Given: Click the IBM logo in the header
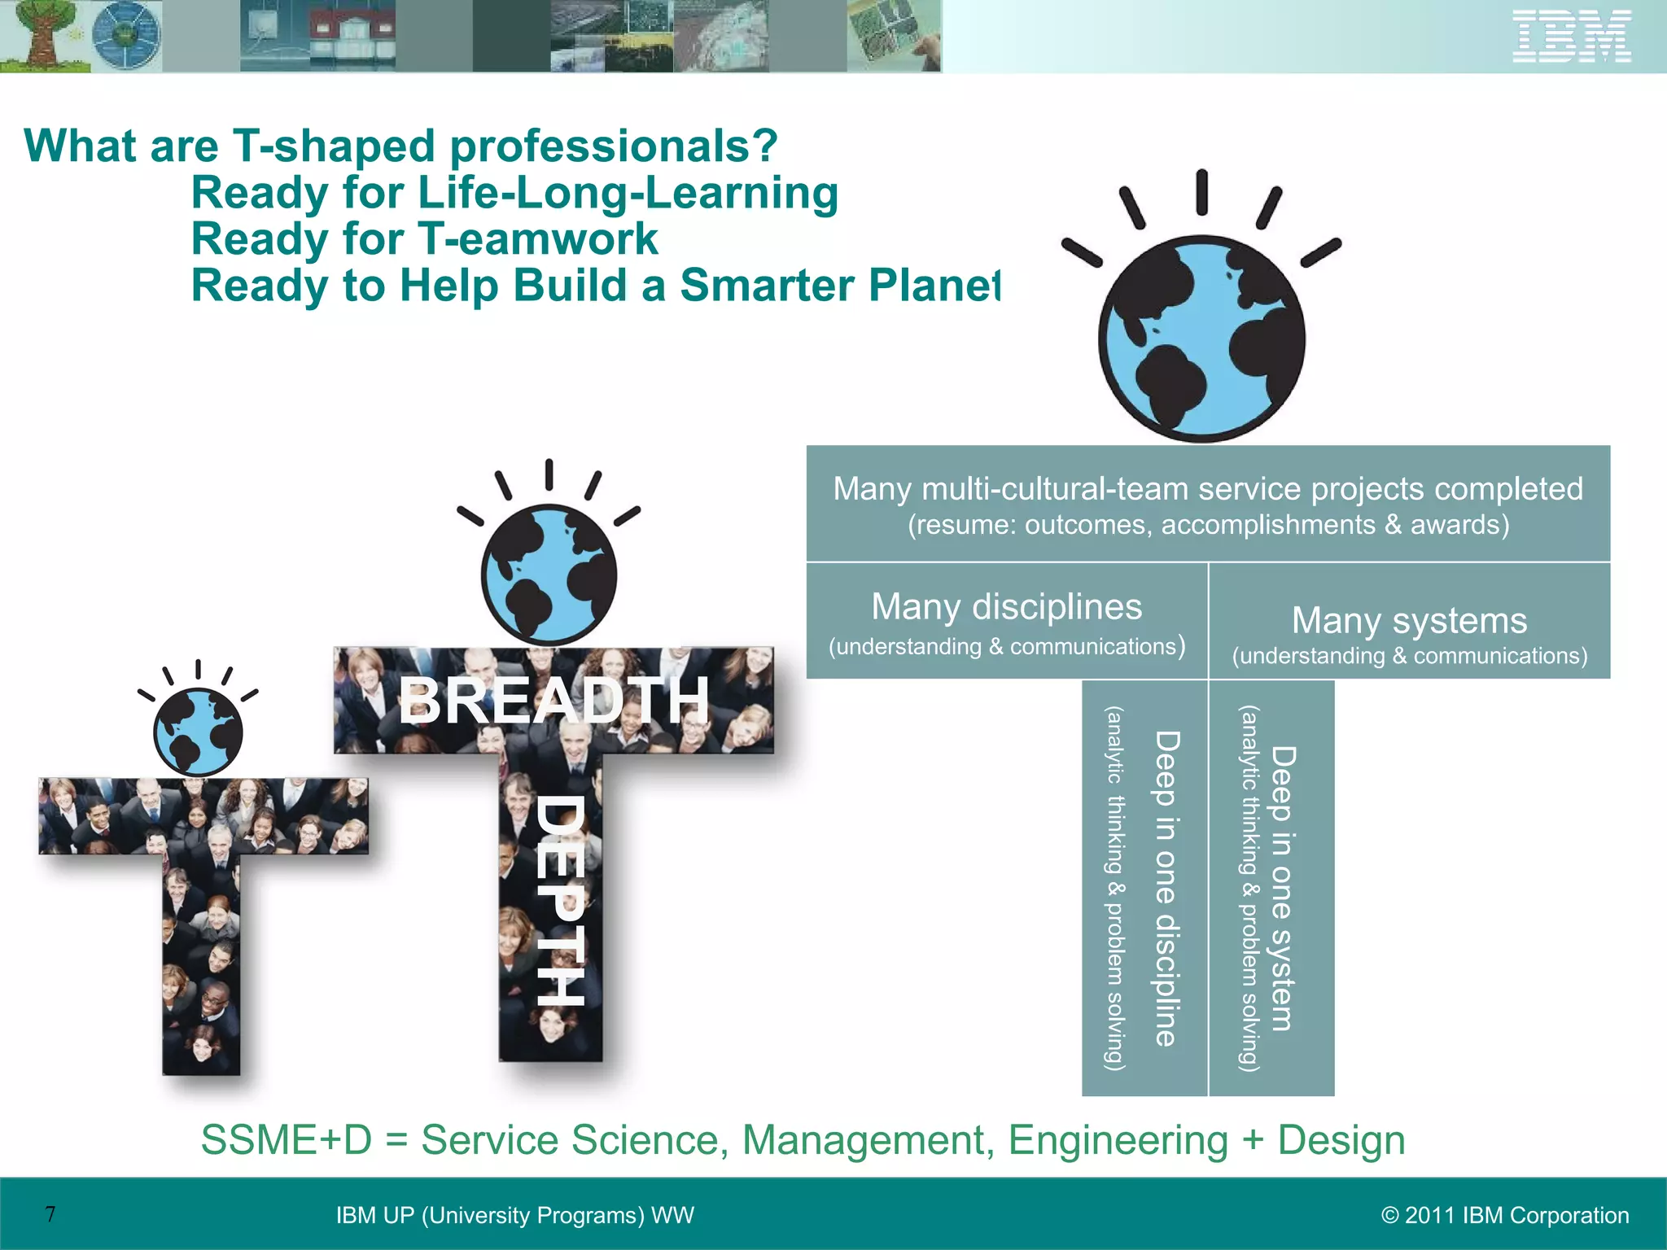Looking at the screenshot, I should click(1572, 36).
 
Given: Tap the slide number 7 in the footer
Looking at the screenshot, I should click(50, 1214).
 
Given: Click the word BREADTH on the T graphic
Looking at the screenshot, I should click(553, 701).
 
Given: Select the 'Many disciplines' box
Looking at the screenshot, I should click(1006, 621).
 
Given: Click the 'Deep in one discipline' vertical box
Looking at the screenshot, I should click(1144, 888).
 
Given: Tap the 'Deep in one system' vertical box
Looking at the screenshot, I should click(1271, 888).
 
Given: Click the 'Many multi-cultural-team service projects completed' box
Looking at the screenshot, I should click(1208, 504).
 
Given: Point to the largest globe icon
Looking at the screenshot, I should click(1201, 339).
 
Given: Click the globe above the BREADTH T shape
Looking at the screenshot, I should click(549, 575).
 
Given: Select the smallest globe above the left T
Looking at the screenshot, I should click(198, 731).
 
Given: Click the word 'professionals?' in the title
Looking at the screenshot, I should click(614, 146).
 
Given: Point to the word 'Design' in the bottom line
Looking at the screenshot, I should click(1341, 1139).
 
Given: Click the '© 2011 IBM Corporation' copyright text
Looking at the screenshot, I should click(1505, 1215).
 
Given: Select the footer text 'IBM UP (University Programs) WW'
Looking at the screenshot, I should click(514, 1215).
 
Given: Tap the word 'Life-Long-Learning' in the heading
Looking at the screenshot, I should click(628, 194).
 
